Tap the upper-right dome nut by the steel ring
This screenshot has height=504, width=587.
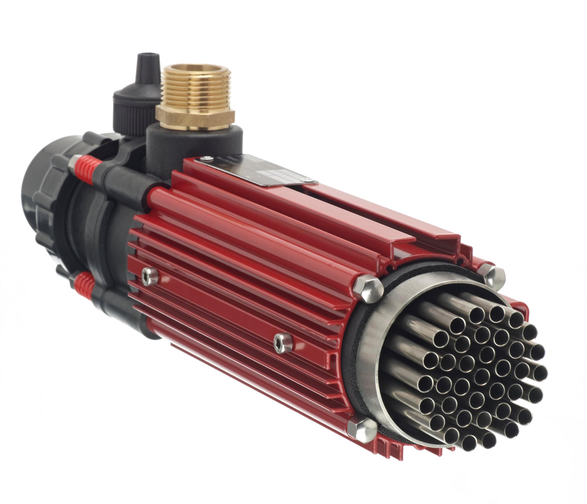(493, 274)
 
